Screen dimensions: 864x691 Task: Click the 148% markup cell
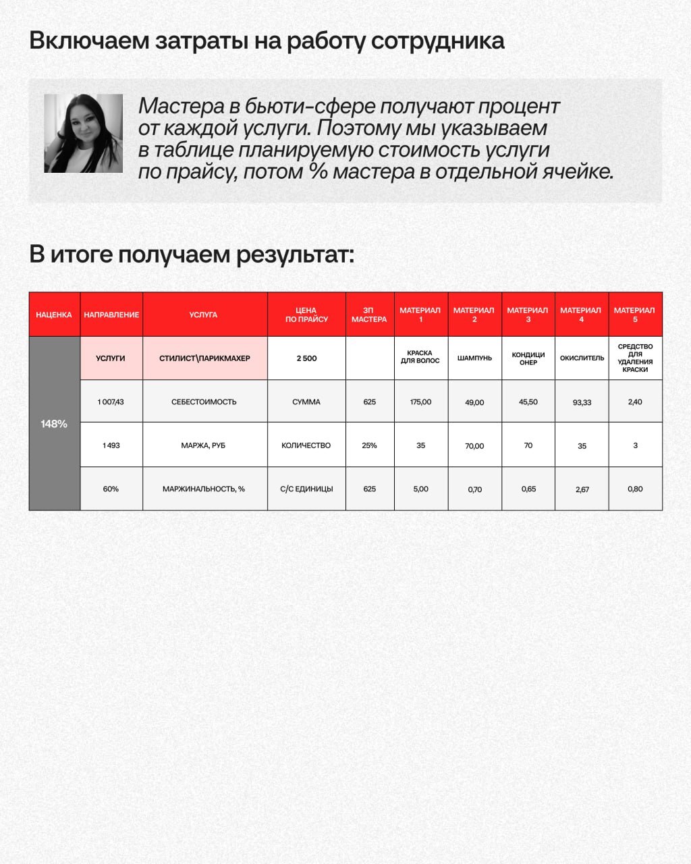pos(54,424)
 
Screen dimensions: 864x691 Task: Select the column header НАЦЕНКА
pos(54,315)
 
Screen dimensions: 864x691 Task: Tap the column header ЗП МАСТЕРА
pos(369,315)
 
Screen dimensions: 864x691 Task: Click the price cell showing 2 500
pos(306,358)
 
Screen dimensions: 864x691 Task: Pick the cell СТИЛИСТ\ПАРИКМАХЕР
pos(204,358)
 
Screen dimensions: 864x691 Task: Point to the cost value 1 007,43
pos(111,402)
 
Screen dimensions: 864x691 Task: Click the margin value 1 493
pos(111,446)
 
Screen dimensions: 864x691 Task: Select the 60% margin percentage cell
pos(111,489)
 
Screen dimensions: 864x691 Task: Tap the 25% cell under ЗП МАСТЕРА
pos(369,446)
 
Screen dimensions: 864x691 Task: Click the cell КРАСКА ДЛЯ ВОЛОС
pos(420,357)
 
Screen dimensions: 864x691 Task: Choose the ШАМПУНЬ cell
pos(474,358)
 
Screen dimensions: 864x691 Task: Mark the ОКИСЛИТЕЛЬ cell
pos(582,358)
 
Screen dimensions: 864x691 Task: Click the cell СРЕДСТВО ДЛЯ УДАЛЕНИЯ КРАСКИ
pos(635,358)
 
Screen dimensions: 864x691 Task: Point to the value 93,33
pos(582,402)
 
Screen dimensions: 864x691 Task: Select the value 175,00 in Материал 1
pos(420,402)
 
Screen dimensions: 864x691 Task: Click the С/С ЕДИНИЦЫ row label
pos(306,489)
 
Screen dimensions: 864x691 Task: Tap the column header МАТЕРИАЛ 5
pos(634,315)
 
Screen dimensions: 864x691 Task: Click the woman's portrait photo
pos(84,133)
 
